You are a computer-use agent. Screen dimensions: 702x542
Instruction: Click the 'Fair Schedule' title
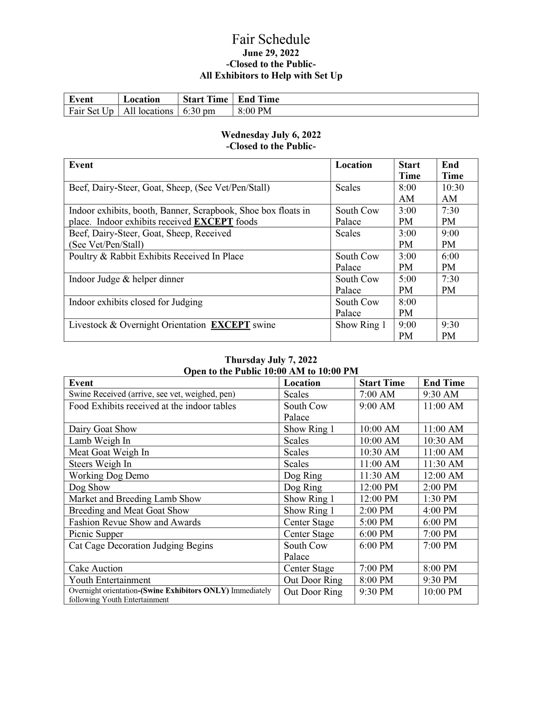271,39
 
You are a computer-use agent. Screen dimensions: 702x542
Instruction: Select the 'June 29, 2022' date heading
271,53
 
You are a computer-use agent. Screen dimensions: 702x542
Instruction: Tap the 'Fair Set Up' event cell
91,111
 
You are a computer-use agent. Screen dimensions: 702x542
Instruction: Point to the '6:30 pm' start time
199,111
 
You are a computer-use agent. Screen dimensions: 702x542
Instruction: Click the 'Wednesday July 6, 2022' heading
271,135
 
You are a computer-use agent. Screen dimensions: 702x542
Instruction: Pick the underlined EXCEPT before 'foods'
213,222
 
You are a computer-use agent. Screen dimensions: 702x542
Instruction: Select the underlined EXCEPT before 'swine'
230,325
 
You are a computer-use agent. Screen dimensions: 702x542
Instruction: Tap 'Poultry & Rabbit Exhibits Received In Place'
156,256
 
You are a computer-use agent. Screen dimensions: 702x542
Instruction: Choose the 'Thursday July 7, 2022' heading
271,360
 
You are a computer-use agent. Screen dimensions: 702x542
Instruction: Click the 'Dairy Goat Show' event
103,429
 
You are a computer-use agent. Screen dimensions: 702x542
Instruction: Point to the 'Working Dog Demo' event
109,475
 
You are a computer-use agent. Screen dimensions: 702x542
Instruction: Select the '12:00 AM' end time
443,475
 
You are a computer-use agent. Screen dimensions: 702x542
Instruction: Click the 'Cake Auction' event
96,568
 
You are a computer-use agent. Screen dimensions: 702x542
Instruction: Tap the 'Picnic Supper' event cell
96,534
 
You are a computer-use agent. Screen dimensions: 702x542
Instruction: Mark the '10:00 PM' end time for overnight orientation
443,591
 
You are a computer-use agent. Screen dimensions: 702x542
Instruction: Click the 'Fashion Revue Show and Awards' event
135,522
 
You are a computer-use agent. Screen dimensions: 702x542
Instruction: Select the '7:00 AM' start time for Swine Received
377,394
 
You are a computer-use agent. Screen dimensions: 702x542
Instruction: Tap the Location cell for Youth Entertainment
313,580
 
